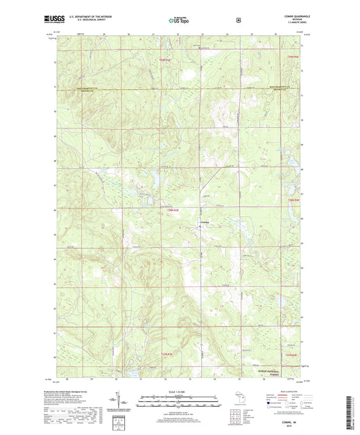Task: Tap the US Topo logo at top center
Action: pos(179,20)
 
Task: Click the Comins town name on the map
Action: pos(203,224)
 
